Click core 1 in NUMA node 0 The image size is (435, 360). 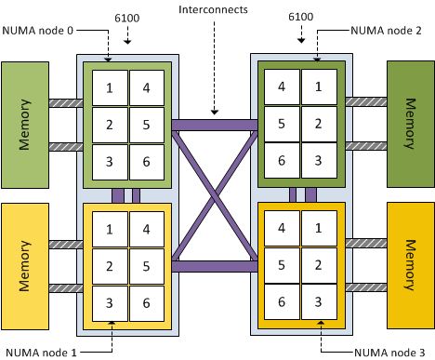click(x=110, y=88)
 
